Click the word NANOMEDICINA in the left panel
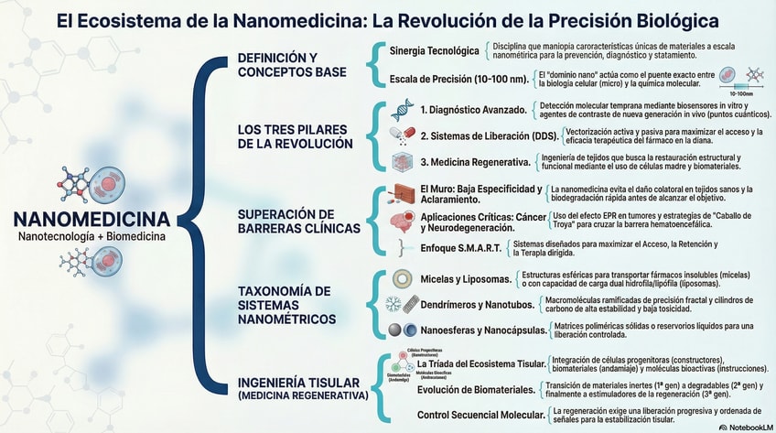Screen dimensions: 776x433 coord(92,220)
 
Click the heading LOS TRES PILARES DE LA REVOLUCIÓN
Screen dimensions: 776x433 coord(295,136)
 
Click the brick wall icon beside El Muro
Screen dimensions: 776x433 coord(400,194)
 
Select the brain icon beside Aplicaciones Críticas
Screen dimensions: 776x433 coord(400,221)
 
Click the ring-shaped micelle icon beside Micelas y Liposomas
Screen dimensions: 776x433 coord(400,277)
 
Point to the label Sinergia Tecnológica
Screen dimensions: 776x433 coord(434,50)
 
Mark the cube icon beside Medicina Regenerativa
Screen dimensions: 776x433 coord(400,162)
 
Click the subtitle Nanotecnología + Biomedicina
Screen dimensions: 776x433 coord(92,237)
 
